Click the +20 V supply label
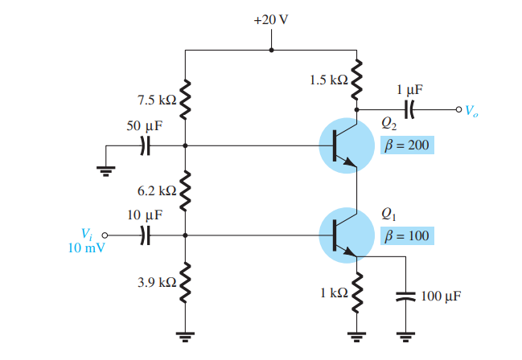[271, 19]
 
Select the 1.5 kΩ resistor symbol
[356, 80]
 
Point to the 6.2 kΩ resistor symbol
[186, 190]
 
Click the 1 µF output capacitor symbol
[410, 109]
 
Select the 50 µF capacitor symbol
[145, 145]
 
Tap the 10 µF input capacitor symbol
[145, 235]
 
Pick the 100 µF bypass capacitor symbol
[406, 296]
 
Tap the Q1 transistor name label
[388, 215]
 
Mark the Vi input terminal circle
[104, 235]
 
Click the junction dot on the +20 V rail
[271, 50]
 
